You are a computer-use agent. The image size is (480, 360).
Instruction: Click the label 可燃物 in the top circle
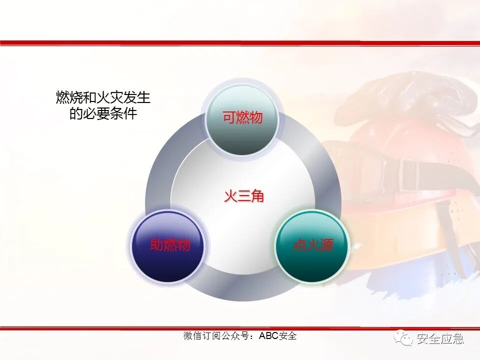242,118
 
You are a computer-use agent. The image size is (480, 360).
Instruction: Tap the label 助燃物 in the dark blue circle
170,245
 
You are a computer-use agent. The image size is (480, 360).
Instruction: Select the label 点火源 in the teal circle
313,245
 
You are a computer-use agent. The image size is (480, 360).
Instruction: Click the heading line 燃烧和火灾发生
103,97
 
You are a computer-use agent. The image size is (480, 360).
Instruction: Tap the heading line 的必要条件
103,113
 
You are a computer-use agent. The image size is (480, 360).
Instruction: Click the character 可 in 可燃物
229,118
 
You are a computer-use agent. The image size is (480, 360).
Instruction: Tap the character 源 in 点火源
326,245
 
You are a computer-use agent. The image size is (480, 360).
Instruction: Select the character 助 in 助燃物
157,245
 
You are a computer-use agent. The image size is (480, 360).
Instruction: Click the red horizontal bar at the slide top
240,43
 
